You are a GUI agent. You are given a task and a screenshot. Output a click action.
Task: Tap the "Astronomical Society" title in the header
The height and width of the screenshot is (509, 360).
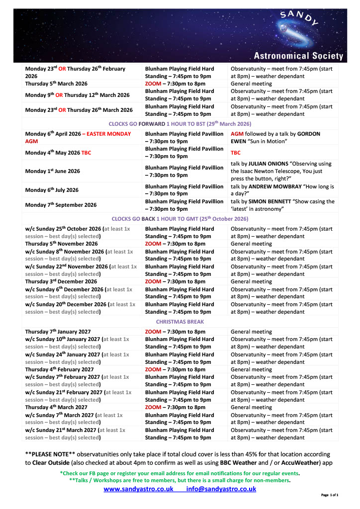(298, 56)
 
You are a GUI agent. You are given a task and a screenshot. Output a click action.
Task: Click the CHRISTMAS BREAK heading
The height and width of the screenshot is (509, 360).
(180, 322)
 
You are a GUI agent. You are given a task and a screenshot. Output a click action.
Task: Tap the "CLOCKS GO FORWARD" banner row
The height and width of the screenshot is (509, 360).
(180, 123)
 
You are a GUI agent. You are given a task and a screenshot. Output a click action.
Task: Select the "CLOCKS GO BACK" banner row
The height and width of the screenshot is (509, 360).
(180, 219)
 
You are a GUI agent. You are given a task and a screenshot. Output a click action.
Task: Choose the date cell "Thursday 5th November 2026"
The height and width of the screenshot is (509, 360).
(61, 244)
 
